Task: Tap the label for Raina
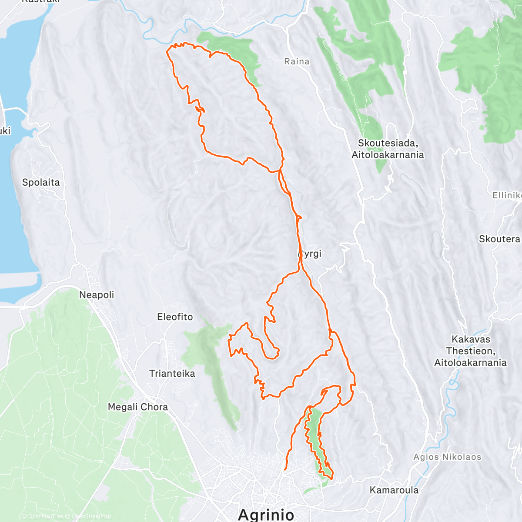[x=297, y=62]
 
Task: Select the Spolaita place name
[x=41, y=183]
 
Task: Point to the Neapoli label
[x=97, y=295]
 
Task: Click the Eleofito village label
[x=175, y=317]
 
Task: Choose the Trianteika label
[x=172, y=374]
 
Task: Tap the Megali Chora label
[x=138, y=407]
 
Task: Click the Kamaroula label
[x=394, y=490]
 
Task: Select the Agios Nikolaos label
[x=447, y=457]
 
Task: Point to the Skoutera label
[x=499, y=239]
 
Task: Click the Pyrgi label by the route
[x=311, y=254]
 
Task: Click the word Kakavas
[x=471, y=339]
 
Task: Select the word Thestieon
[x=471, y=351]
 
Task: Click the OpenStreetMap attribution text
[x=91, y=517]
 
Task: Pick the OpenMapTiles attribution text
[x=46, y=517]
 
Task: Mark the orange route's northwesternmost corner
[x=168, y=51]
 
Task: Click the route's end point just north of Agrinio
[x=285, y=469]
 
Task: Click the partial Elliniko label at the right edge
[x=507, y=196]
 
